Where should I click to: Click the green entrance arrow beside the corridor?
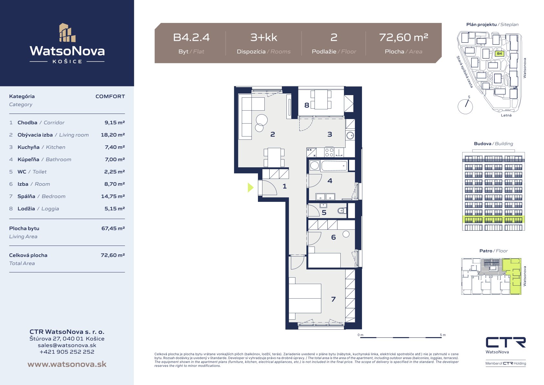[x=251, y=187]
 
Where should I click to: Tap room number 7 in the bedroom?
[x=334, y=299]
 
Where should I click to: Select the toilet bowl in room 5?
[x=342, y=211]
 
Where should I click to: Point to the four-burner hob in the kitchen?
[x=329, y=153]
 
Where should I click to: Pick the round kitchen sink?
[x=350, y=136]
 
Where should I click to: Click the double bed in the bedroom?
[x=305, y=299]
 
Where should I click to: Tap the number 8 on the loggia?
[x=307, y=105]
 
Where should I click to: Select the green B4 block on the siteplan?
[x=499, y=54]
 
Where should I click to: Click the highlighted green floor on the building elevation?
[x=493, y=220]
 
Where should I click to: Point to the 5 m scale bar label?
[x=443, y=335]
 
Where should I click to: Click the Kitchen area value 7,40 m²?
[x=115, y=147]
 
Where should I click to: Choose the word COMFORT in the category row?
[x=110, y=96]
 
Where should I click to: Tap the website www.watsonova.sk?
[x=67, y=364]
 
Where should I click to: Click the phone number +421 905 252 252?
[x=67, y=352]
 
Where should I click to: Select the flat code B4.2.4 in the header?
[x=191, y=38]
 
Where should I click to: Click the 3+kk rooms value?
[x=264, y=38]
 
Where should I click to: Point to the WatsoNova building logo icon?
[x=67, y=33]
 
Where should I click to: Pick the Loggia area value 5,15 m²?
[x=115, y=209]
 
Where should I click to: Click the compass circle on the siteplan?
[x=465, y=106]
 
